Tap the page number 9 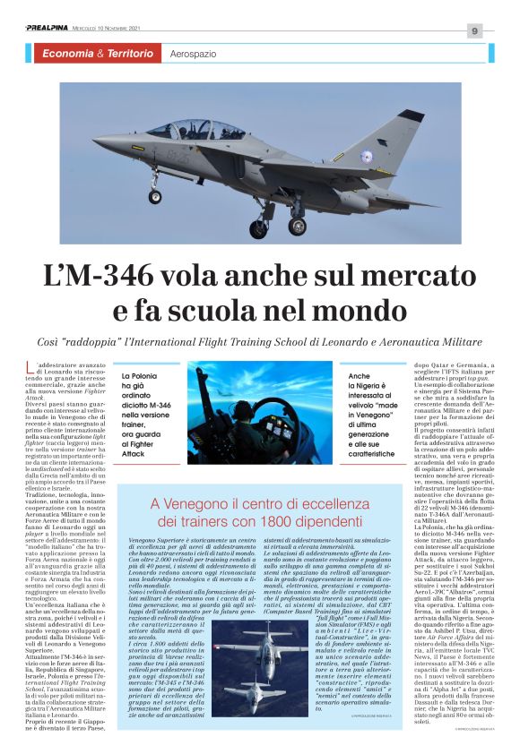click(474, 31)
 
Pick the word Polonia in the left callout click(148, 377)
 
